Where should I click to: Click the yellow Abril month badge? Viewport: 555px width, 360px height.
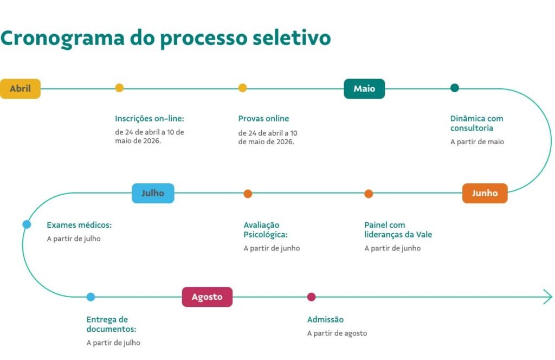(20, 88)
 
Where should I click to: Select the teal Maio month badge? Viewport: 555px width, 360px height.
(364, 88)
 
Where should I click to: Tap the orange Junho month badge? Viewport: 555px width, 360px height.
(485, 193)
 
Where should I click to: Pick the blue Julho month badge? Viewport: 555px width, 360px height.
(153, 193)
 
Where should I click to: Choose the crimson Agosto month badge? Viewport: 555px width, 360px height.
(207, 297)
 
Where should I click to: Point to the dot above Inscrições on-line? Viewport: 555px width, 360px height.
(119, 88)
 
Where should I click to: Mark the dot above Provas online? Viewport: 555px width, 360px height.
(242, 88)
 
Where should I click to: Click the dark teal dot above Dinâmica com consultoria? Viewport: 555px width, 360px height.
(455, 88)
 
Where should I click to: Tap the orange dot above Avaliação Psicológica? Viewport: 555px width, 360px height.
(248, 194)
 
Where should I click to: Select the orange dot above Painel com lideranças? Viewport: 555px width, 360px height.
(369, 194)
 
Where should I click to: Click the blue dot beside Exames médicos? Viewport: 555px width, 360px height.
(27, 224)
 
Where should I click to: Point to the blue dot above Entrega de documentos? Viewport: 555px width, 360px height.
(91, 297)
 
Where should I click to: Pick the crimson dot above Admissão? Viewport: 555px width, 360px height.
(311, 297)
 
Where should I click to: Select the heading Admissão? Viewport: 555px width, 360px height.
(325, 319)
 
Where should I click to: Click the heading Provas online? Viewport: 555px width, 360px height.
(263, 118)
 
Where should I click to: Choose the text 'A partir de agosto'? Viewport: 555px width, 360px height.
(337, 333)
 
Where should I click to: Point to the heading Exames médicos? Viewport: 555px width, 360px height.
(79, 224)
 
